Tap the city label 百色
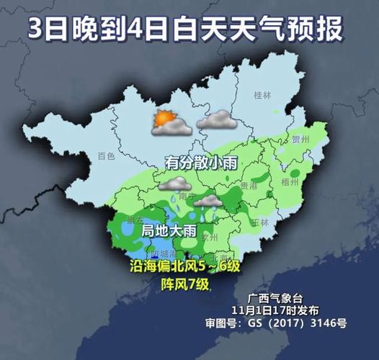pyautogui.click(x=106, y=156)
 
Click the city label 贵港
pyautogui.click(x=249, y=186)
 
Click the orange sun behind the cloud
pyautogui.click(x=163, y=119)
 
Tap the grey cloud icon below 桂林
pyautogui.click(x=217, y=120)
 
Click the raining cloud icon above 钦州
pyautogui.click(x=208, y=204)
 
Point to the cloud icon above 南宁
pyautogui.click(x=175, y=184)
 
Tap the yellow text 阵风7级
pyautogui.click(x=184, y=284)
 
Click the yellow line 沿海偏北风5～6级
pyautogui.click(x=188, y=267)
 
